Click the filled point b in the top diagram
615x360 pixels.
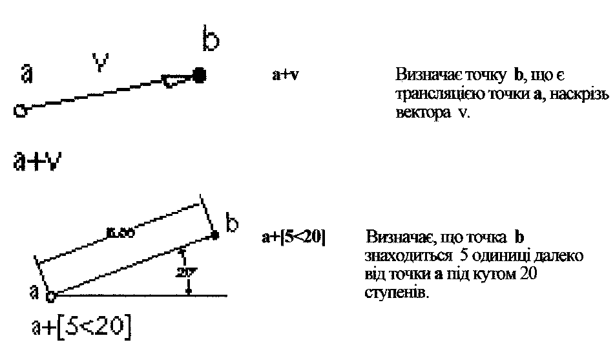200,76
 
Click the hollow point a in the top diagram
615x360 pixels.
19,112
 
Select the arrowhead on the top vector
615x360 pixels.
176,80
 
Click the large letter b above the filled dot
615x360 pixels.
211,43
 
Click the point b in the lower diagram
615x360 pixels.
214,237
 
